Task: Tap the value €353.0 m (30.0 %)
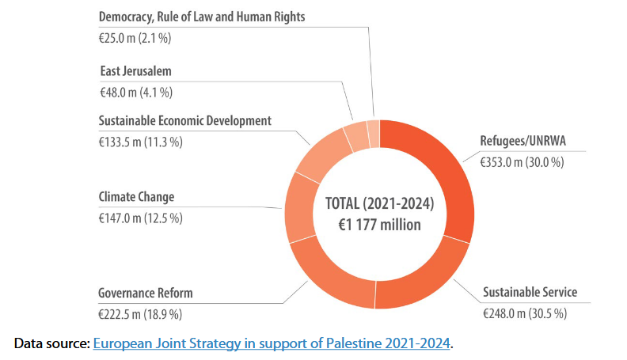[x=522, y=161]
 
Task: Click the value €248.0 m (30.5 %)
[x=525, y=313]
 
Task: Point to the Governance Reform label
[x=146, y=293]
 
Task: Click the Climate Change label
[x=136, y=196]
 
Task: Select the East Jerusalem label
[x=135, y=71]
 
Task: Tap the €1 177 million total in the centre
[x=379, y=224]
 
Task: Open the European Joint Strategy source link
[x=272, y=343]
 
